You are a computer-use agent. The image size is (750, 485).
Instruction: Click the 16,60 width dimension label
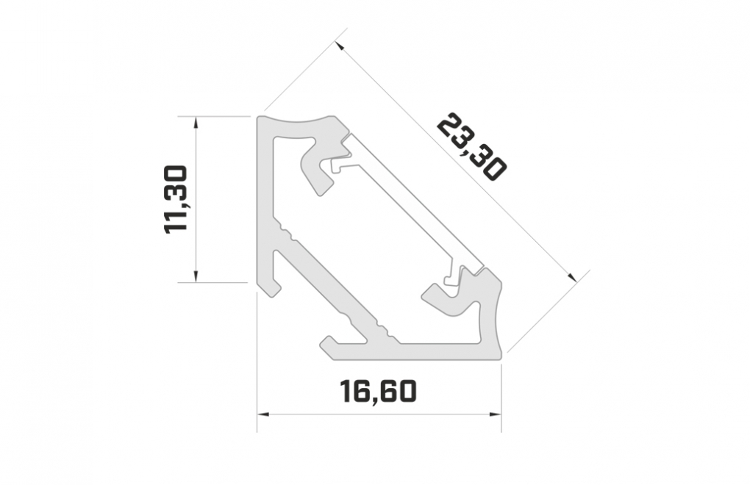(379, 390)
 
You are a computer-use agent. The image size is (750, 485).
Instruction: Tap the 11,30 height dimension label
(175, 200)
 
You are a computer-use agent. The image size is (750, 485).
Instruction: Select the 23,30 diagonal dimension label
(471, 147)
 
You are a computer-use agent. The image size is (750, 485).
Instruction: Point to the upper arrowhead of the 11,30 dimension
(195, 122)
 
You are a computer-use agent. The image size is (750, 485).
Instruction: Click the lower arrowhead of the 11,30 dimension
(196, 276)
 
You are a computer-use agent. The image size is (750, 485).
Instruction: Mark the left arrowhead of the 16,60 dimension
(263, 414)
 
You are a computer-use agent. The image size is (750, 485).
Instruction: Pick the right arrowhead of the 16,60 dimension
(495, 414)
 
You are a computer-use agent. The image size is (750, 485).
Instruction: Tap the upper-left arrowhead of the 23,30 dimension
(339, 46)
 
